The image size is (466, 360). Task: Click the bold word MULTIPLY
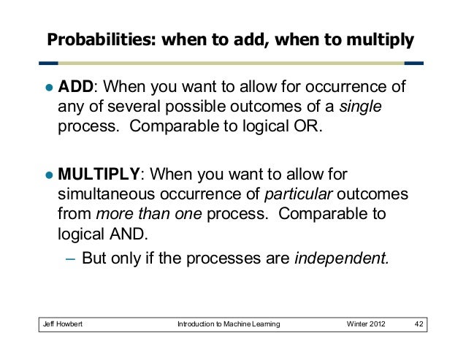tap(99, 175)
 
